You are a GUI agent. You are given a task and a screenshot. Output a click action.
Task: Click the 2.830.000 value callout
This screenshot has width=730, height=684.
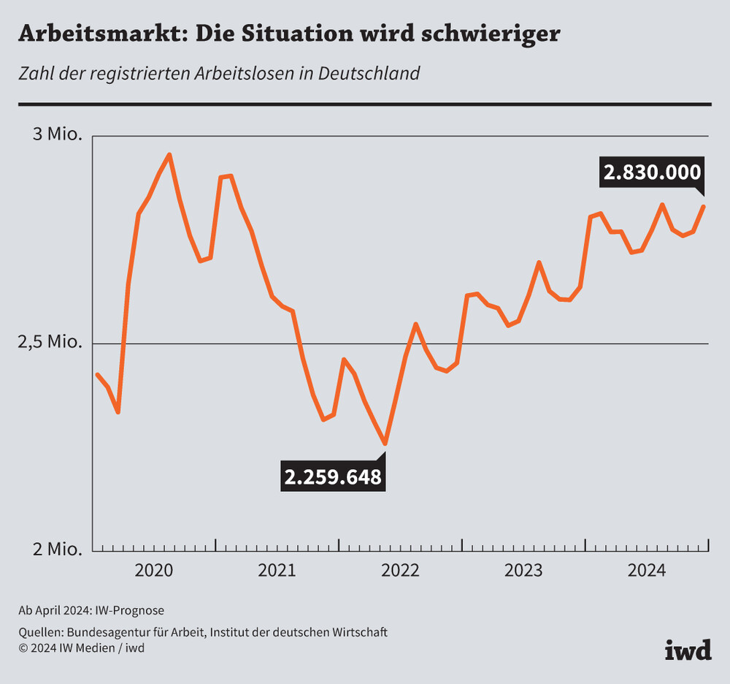tap(651, 172)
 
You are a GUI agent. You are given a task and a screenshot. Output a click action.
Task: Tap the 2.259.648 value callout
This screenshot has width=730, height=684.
tap(333, 477)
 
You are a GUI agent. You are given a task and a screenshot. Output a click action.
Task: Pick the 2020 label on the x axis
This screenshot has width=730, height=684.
tap(154, 570)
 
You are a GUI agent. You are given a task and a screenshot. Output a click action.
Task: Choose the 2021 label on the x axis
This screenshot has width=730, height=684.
tap(277, 570)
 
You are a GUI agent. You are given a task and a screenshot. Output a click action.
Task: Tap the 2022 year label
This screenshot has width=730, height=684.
tap(400, 570)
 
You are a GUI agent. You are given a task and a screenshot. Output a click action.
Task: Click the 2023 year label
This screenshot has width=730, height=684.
tap(523, 570)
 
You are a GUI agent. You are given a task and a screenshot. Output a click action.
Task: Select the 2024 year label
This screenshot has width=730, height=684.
tap(647, 570)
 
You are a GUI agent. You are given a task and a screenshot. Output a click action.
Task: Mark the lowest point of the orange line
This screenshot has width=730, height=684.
tap(385, 444)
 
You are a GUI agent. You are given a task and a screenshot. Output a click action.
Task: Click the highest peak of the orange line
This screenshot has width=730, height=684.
tap(169, 154)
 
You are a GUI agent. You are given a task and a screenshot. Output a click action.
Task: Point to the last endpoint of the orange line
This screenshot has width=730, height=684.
tap(704, 206)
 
